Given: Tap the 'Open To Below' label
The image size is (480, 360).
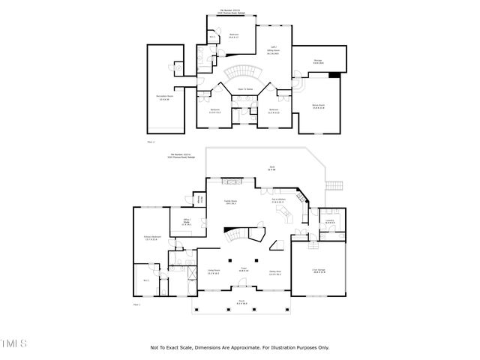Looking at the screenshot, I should (244, 89).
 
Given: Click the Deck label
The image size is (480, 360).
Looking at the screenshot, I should (272, 169).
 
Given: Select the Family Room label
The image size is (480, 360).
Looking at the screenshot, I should (231, 202).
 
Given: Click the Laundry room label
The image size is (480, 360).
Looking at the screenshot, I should (330, 221).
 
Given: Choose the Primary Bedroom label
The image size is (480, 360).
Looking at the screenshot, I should (153, 239).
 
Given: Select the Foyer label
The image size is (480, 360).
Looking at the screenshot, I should (244, 270).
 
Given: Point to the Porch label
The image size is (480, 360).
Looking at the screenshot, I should (242, 304).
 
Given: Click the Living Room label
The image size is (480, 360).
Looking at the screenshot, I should (213, 272).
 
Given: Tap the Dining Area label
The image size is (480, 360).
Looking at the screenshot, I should (275, 274).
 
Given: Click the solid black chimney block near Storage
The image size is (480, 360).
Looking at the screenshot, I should (334, 73).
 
